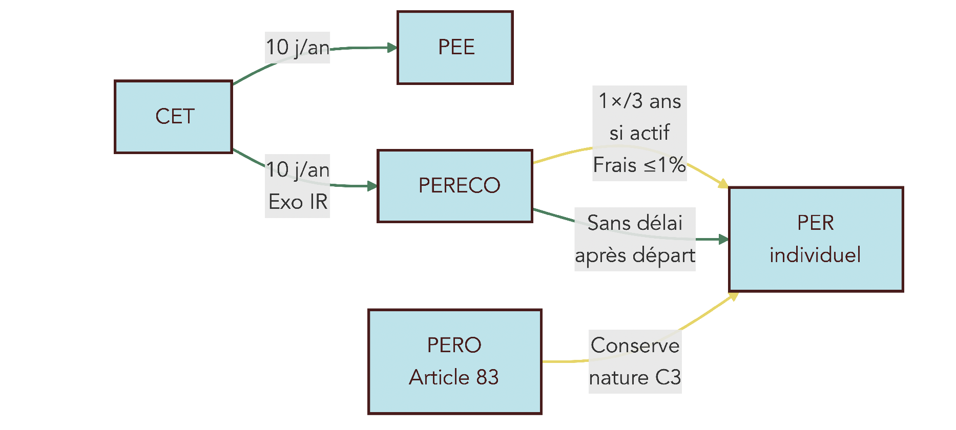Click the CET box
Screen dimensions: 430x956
173,117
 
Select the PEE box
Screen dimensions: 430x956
455,48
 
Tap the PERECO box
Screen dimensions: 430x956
455,186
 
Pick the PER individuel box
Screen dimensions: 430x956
816,239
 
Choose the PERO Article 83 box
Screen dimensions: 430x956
455,361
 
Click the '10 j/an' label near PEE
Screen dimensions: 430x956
297,48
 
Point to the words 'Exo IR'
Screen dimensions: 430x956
298,202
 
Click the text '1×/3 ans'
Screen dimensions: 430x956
639,101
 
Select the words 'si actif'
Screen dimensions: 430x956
639,133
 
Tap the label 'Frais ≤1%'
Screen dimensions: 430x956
639,165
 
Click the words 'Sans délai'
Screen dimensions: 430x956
635,223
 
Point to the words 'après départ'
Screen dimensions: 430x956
635,255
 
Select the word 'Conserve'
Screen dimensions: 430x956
635,346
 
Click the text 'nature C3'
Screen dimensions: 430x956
635,378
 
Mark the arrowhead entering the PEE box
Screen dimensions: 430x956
392,48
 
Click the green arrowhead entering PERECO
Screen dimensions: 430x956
372,186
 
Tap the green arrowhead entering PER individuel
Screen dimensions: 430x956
723,239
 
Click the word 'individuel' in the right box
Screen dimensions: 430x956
815,255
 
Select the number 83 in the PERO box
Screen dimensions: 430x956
487,377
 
